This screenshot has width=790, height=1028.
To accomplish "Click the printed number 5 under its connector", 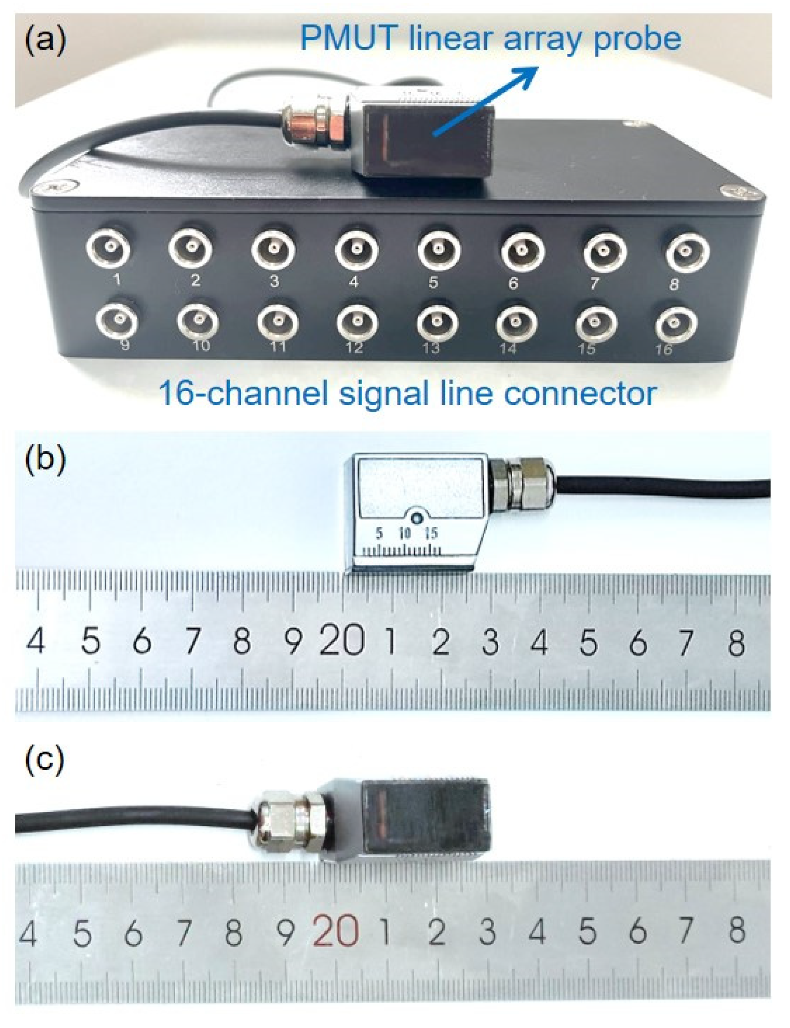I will (x=433, y=282).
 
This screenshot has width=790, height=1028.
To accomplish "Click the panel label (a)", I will (x=46, y=41).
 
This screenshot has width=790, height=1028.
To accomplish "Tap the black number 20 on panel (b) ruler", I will (x=343, y=642).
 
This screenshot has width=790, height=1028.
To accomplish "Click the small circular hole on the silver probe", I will (x=416, y=518).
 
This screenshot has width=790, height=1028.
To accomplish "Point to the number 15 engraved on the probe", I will (x=431, y=533).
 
